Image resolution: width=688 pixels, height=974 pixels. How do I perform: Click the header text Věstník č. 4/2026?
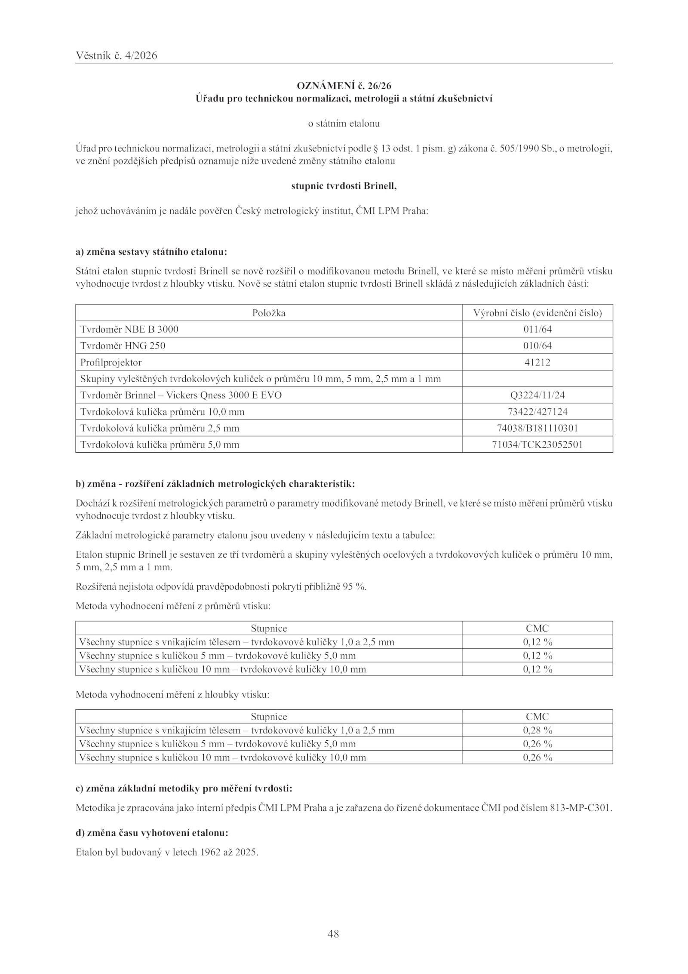(x=116, y=56)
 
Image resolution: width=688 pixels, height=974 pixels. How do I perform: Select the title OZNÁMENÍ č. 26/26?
(x=344, y=86)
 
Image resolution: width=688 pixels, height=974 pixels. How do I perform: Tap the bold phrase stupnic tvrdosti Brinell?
(x=344, y=186)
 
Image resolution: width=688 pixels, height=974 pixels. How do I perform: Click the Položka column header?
(x=269, y=313)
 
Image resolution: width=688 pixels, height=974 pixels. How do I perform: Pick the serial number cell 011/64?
(x=537, y=329)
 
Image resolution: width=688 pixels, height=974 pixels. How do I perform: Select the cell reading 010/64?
(x=537, y=346)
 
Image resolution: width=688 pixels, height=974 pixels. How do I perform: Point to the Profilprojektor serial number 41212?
(x=537, y=362)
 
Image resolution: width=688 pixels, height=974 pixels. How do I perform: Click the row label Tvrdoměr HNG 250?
(x=123, y=346)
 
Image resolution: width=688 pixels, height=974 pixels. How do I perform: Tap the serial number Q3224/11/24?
(x=537, y=395)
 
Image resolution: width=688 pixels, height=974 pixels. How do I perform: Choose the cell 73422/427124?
(x=537, y=412)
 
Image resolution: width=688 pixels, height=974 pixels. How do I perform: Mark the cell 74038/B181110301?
(x=537, y=428)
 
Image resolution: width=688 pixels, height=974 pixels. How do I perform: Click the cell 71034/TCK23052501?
(x=537, y=445)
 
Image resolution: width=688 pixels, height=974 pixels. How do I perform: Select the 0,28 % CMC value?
(x=537, y=730)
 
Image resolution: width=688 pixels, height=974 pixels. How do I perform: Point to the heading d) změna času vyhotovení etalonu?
(x=152, y=833)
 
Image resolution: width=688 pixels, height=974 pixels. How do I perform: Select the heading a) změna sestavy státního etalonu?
(x=151, y=252)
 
